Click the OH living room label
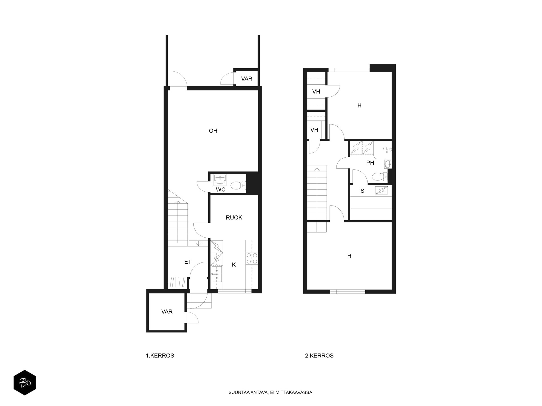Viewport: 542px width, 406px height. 213,131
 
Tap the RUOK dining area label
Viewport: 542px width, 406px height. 234,218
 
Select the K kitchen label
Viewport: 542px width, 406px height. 234,265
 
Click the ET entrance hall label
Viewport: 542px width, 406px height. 188,262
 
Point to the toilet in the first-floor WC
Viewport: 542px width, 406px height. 238,186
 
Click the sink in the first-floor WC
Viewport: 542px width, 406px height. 220,179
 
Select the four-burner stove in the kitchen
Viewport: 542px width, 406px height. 252,259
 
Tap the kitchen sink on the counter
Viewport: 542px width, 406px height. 217,274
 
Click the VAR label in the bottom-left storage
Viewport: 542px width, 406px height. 167,312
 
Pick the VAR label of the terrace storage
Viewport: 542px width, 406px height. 247,79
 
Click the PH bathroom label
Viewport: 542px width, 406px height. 370,163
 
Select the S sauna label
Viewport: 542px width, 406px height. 362,191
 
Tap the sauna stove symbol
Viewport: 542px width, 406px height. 381,191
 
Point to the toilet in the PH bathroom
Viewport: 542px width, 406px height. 380,177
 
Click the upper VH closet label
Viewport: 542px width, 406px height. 316,92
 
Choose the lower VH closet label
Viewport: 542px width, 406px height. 314,130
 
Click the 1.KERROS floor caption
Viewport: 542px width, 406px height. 160,356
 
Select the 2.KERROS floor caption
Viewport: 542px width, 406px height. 319,356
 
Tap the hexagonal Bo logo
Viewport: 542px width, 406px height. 25,383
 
